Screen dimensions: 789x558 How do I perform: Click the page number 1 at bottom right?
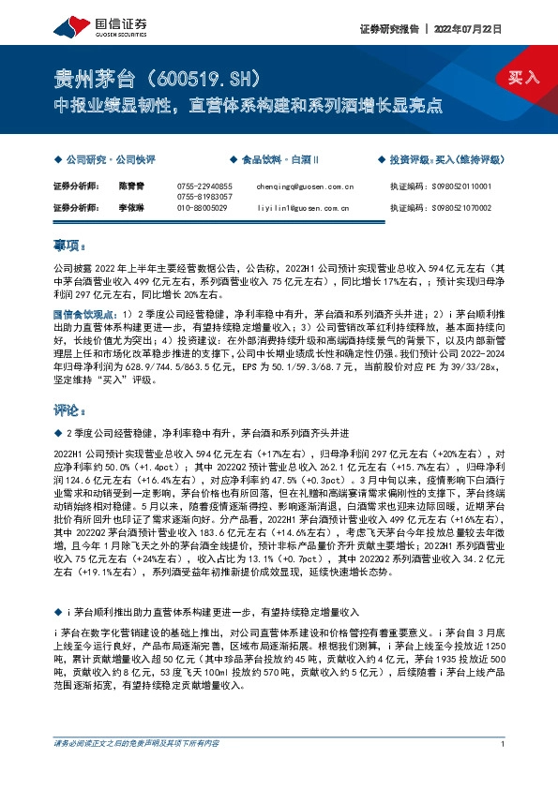pos(504,770)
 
